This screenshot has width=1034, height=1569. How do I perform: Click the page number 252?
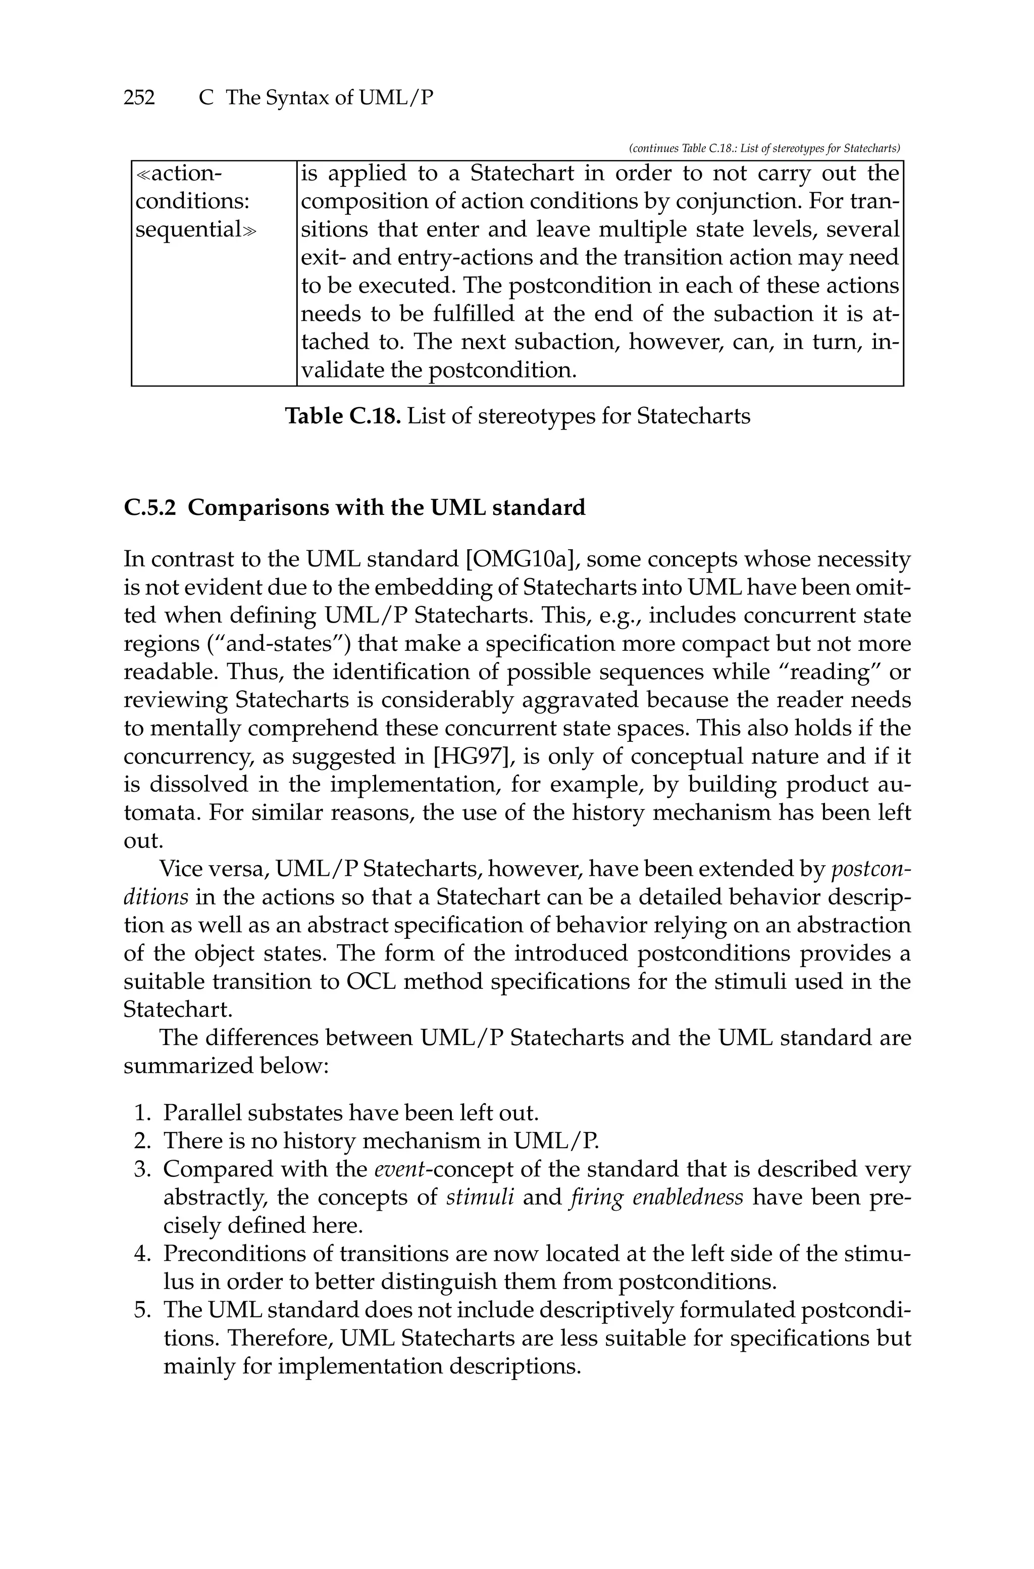click(139, 98)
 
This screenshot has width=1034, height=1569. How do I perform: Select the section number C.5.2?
click(149, 508)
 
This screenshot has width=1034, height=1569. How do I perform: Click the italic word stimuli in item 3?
click(480, 1197)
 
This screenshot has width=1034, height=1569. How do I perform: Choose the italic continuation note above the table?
click(765, 149)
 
